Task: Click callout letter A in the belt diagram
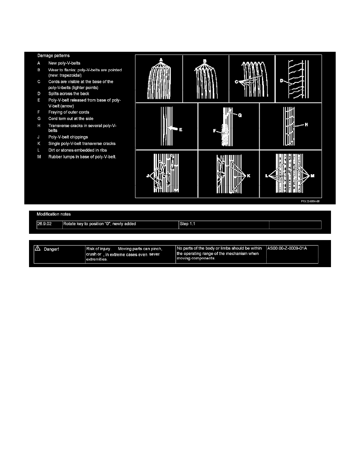coord(161,60)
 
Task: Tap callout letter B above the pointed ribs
coord(205,61)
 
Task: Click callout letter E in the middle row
coord(181,129)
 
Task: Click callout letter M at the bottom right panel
coord(313,176)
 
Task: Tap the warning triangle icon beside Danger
coord(38,248)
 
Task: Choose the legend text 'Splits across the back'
coord(69,94)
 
